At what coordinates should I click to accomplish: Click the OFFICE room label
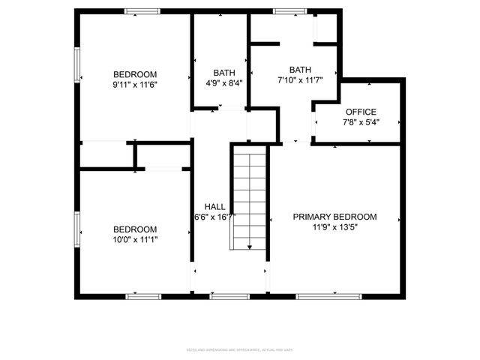[361, 112]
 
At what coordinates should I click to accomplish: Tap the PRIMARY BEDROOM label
[334, 217]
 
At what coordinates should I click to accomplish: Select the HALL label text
[215, 206]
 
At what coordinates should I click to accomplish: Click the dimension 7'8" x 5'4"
[361, 122]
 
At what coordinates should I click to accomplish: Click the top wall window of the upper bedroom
[142, 11]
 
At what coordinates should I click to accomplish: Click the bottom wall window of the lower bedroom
[143, 296]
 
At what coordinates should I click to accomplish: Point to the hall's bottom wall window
[229, 296]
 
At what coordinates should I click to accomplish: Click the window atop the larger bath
[284, 11]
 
